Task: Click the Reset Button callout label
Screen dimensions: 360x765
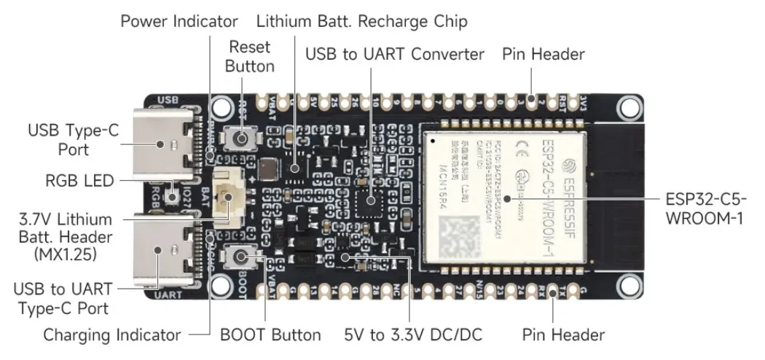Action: point(249,56)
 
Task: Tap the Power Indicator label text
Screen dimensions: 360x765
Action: point(179,21)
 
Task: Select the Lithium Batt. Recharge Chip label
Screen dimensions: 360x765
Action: point(361,21)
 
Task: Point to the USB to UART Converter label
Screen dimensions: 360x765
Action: point(394,54)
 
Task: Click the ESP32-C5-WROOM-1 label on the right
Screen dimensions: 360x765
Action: point(705,208)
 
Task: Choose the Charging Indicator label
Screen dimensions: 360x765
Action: point(111,335)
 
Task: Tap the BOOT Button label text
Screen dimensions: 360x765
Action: point(270,335)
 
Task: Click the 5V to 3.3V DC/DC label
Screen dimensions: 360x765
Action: point(413,335)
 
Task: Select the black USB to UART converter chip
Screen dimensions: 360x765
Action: point(371,199)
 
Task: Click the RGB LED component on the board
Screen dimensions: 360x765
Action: point(173,195)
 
